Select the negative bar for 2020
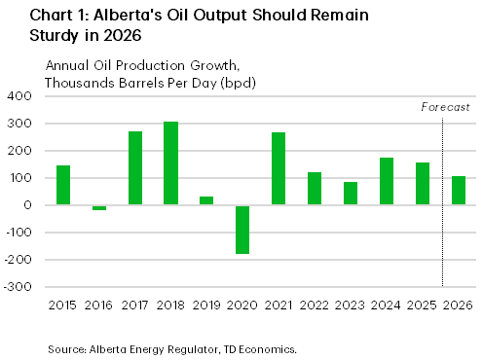242,230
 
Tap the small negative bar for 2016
99,208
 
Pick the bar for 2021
279,168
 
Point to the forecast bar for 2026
459,191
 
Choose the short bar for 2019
206,200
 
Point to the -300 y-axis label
20,287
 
